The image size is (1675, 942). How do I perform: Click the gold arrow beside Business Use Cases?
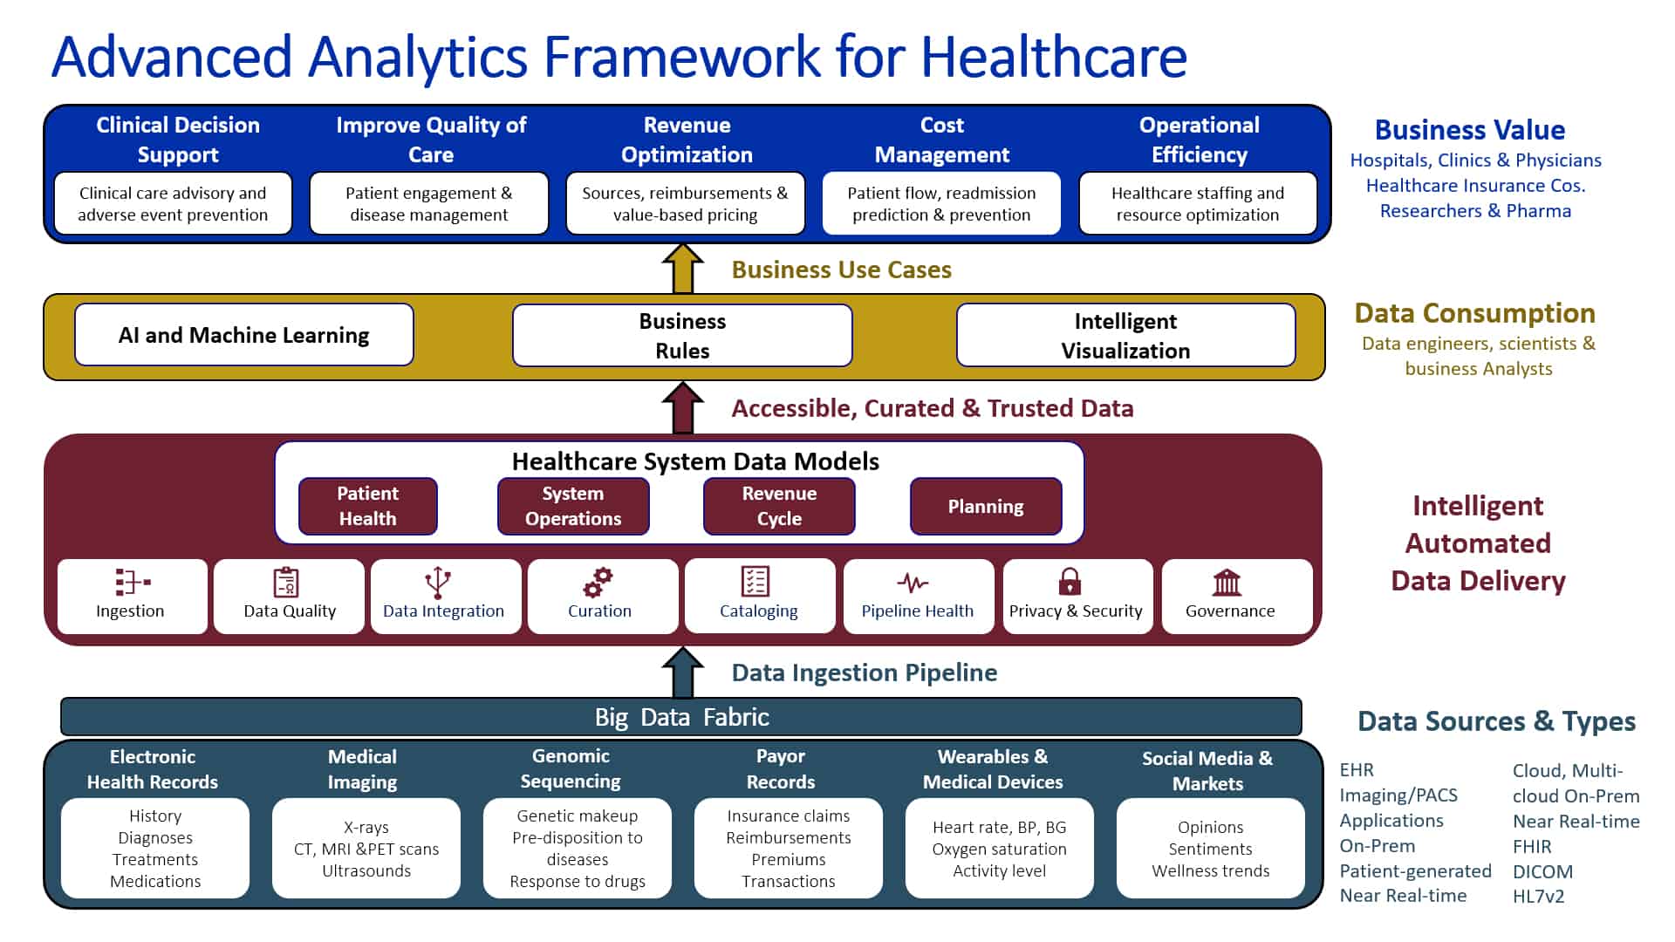click(683, 268)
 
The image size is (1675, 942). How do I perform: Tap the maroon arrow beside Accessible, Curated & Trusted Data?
click(683, 407)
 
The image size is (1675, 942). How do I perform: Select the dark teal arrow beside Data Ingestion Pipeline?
click(683, 672)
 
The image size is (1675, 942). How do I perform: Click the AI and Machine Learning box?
click(244, 335)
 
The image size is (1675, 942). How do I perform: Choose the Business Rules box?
click(682, 335)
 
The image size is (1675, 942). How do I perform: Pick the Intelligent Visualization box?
click(1126, 335)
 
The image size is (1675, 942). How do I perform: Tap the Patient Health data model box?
click(368, 506)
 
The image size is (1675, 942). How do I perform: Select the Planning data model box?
click(986, 506)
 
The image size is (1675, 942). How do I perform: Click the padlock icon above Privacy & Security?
click(1070, 581)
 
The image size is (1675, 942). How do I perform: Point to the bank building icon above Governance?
click(1227, 582)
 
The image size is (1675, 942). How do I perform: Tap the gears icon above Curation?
click(598, 582)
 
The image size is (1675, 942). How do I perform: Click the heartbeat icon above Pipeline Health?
click(913, 582)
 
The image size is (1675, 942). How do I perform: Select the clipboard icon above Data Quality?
click(286, 582)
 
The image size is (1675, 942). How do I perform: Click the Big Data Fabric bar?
click(681, 717)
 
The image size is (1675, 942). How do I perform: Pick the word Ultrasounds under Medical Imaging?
click(366, 870)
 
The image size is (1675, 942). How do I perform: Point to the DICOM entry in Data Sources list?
click(1542, 871)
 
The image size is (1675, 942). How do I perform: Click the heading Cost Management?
click(942, 140)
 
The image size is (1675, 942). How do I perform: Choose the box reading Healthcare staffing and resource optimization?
click(1198, 203)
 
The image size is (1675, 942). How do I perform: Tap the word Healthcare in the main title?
click(1054, 57)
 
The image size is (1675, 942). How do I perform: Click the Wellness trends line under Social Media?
click(1211, 870)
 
